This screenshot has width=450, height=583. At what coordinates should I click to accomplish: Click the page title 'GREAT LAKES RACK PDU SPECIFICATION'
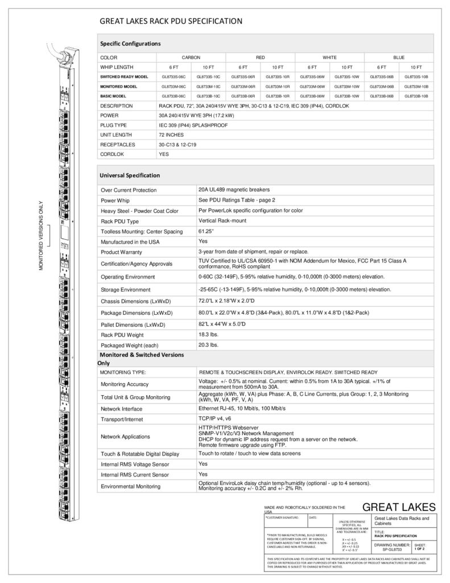[171, 22]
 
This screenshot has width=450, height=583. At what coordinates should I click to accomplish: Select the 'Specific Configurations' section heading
[130, 43]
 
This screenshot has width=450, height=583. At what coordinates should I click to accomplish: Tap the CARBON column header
[191, 58]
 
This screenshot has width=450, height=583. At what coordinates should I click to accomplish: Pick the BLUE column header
[399, 58]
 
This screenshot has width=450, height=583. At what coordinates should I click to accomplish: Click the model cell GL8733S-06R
[243, 76]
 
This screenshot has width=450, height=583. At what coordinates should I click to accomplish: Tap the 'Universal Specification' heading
[130, 175]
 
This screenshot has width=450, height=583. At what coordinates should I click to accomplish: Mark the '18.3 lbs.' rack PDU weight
[209, 334]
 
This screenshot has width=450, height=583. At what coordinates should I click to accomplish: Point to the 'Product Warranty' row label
[121, 252]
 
